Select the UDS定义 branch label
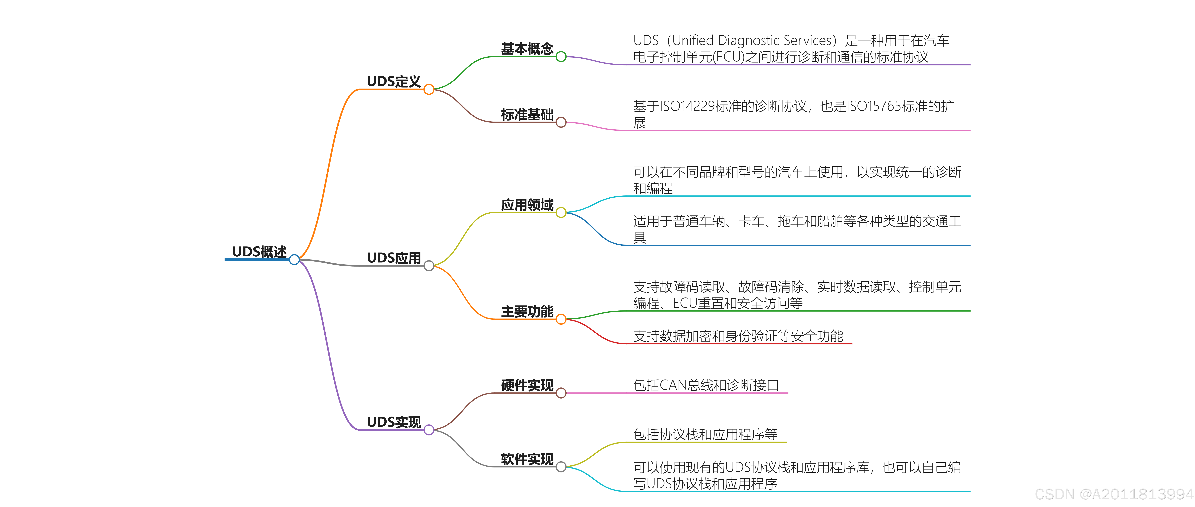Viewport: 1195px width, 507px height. point(393,82)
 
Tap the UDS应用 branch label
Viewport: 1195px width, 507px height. point(393,258)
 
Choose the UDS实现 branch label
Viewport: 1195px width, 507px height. point(393,422)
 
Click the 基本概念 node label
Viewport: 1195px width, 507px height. point(527,49)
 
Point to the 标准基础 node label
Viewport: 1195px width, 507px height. point(527,115)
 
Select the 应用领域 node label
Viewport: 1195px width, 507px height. point(527,205)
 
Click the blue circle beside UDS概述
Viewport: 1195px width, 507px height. point(294,260)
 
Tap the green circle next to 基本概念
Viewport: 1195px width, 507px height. point(561,57)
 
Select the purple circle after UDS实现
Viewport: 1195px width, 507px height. point(429,430)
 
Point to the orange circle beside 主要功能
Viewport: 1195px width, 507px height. point(561,319)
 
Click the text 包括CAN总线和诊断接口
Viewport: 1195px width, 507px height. point(706,385)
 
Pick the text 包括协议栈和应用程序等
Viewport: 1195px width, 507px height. point(705,434)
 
